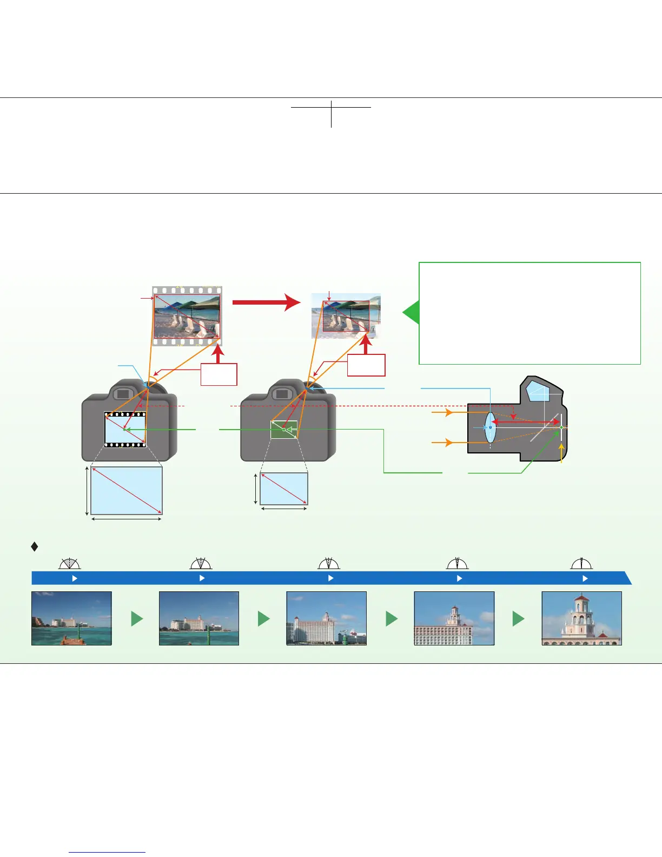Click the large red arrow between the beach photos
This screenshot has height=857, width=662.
265,303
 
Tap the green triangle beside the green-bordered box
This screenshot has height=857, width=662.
412,313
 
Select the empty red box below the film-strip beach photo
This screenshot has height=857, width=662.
219,374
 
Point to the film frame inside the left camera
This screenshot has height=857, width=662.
125,430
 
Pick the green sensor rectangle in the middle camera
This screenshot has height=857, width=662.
284,430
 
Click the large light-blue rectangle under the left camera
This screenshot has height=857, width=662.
126,491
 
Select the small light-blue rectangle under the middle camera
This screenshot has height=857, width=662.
284,489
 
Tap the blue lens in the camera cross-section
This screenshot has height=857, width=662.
490,427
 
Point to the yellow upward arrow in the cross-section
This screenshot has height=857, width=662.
562,453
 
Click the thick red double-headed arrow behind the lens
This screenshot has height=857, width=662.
528,421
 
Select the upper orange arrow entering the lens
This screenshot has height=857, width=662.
442,413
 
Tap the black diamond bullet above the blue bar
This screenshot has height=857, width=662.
35,547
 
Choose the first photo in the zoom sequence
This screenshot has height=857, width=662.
71,618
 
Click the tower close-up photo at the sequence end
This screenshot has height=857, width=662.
581,618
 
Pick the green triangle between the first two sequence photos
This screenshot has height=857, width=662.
137,618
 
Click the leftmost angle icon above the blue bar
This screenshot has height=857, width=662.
70,564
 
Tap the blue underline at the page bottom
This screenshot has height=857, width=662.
107,853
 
